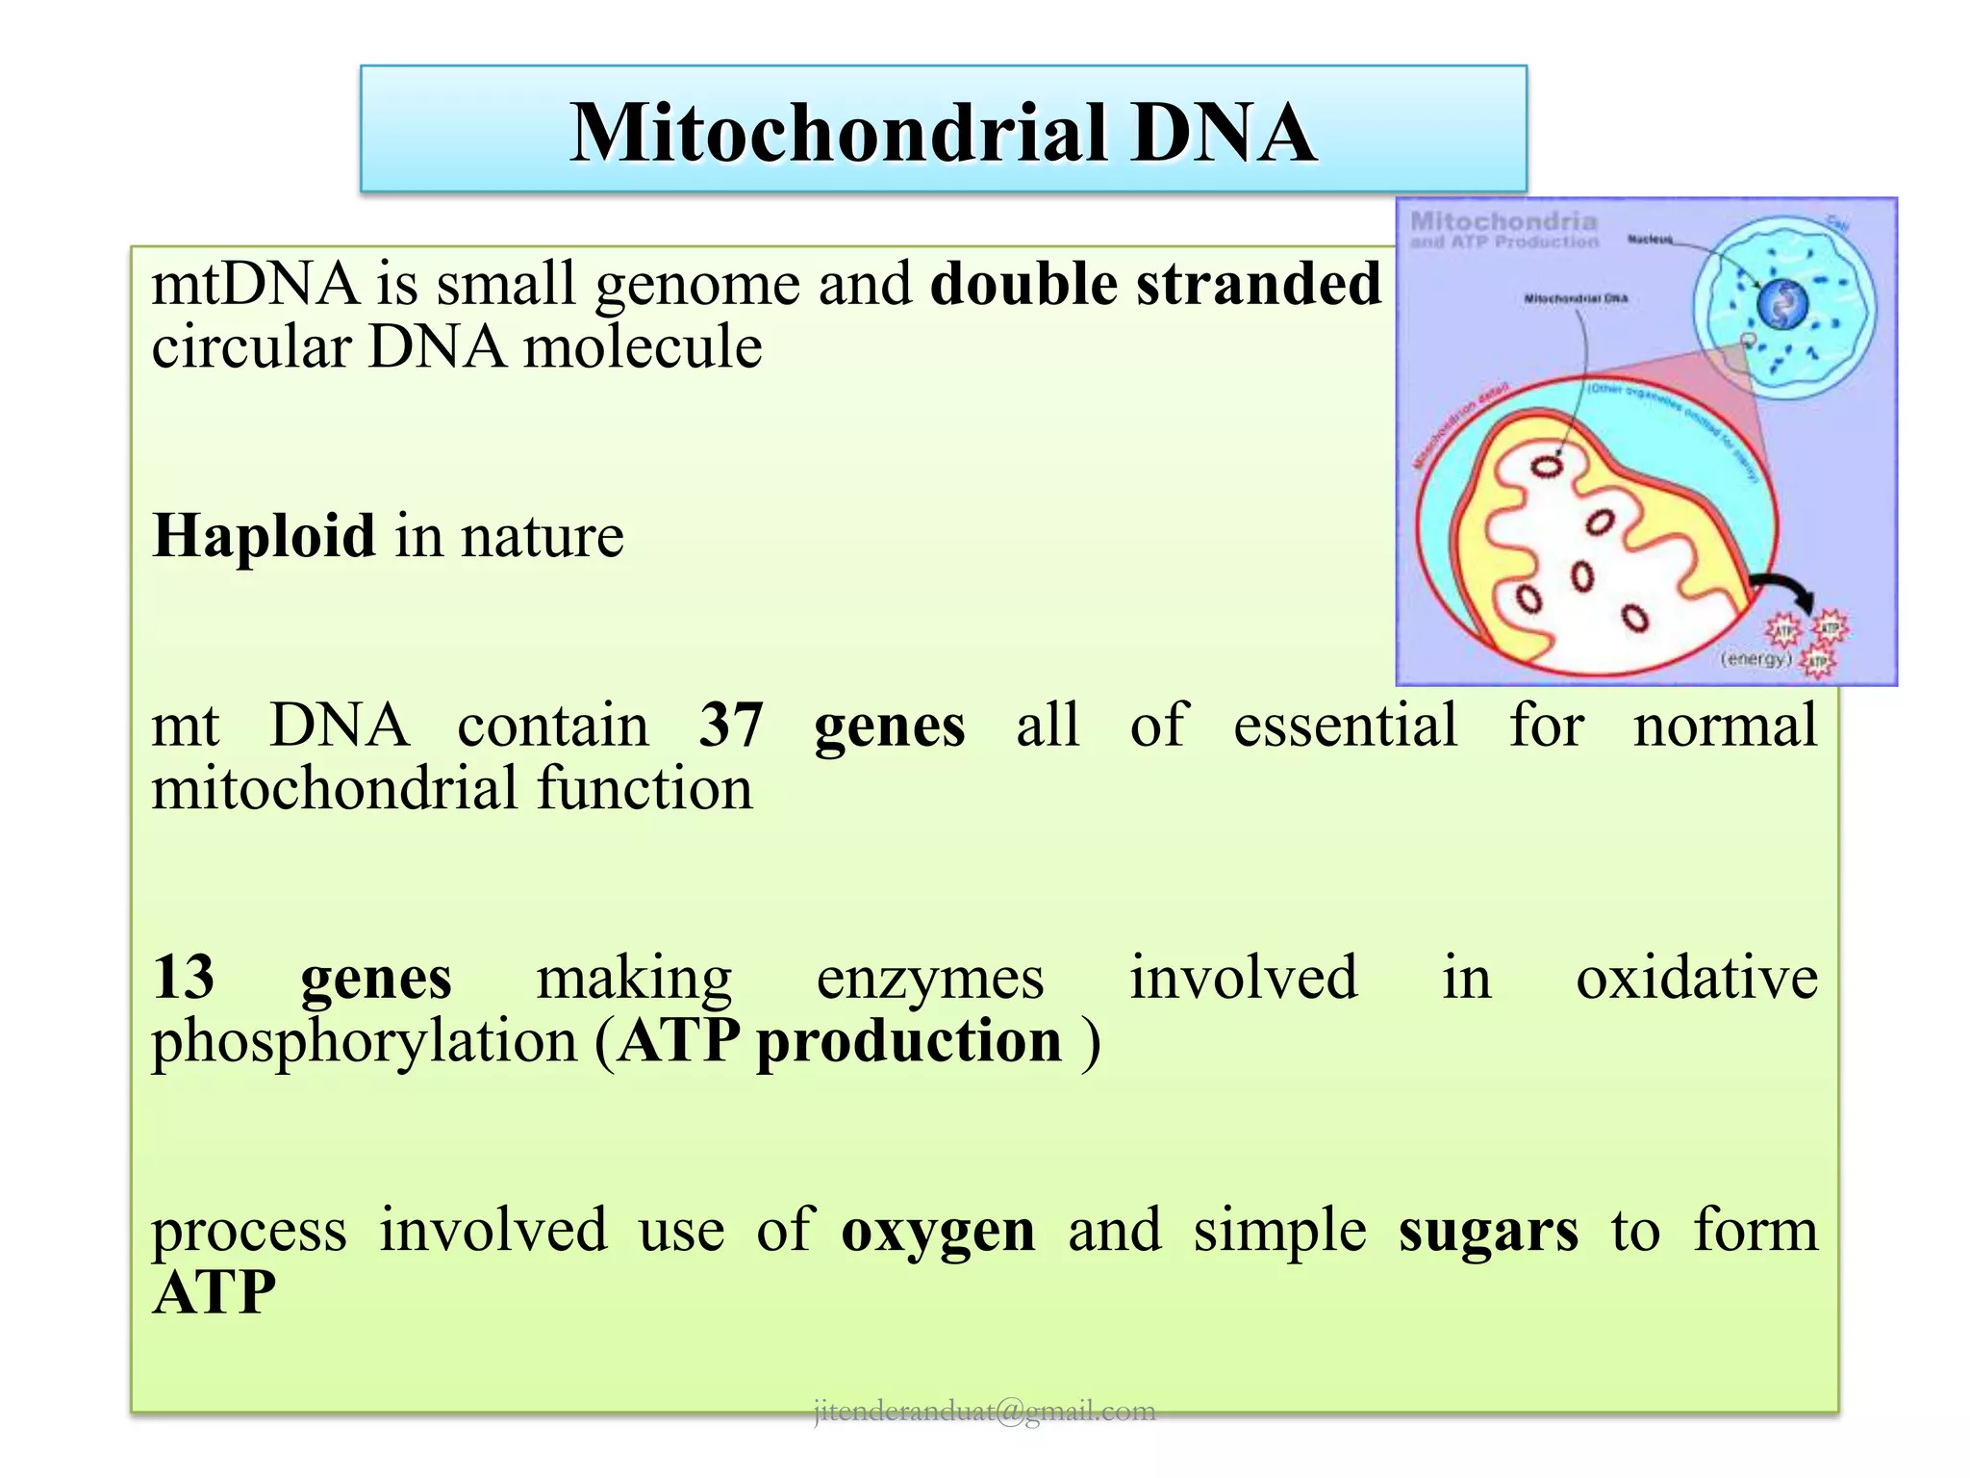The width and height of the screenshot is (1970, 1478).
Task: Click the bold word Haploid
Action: [x=264, y=535]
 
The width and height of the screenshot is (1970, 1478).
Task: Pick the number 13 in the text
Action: [x=184, y=977]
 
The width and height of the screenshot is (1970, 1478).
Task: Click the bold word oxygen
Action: [x=938, y=1231]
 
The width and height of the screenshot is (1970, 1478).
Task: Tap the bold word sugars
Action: [x=1488, y=1231]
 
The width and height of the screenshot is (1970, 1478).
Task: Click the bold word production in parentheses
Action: [x=909, y=1042]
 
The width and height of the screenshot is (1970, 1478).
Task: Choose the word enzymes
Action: [x=930, y=979]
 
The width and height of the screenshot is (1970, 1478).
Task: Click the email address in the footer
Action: [x=984, y=1411]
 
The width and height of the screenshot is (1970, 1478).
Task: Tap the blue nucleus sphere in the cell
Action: [x=1782, y=305]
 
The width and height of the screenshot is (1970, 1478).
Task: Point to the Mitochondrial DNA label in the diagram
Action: [x=1576, y=298]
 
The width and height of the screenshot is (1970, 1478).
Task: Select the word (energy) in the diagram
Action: [x=1755, y=658]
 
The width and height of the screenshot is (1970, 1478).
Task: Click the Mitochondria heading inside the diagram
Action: [x=1503, y=221]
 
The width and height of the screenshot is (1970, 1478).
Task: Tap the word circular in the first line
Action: [x=252, y=347]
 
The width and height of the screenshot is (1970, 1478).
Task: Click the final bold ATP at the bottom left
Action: [x=215, y=1292]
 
